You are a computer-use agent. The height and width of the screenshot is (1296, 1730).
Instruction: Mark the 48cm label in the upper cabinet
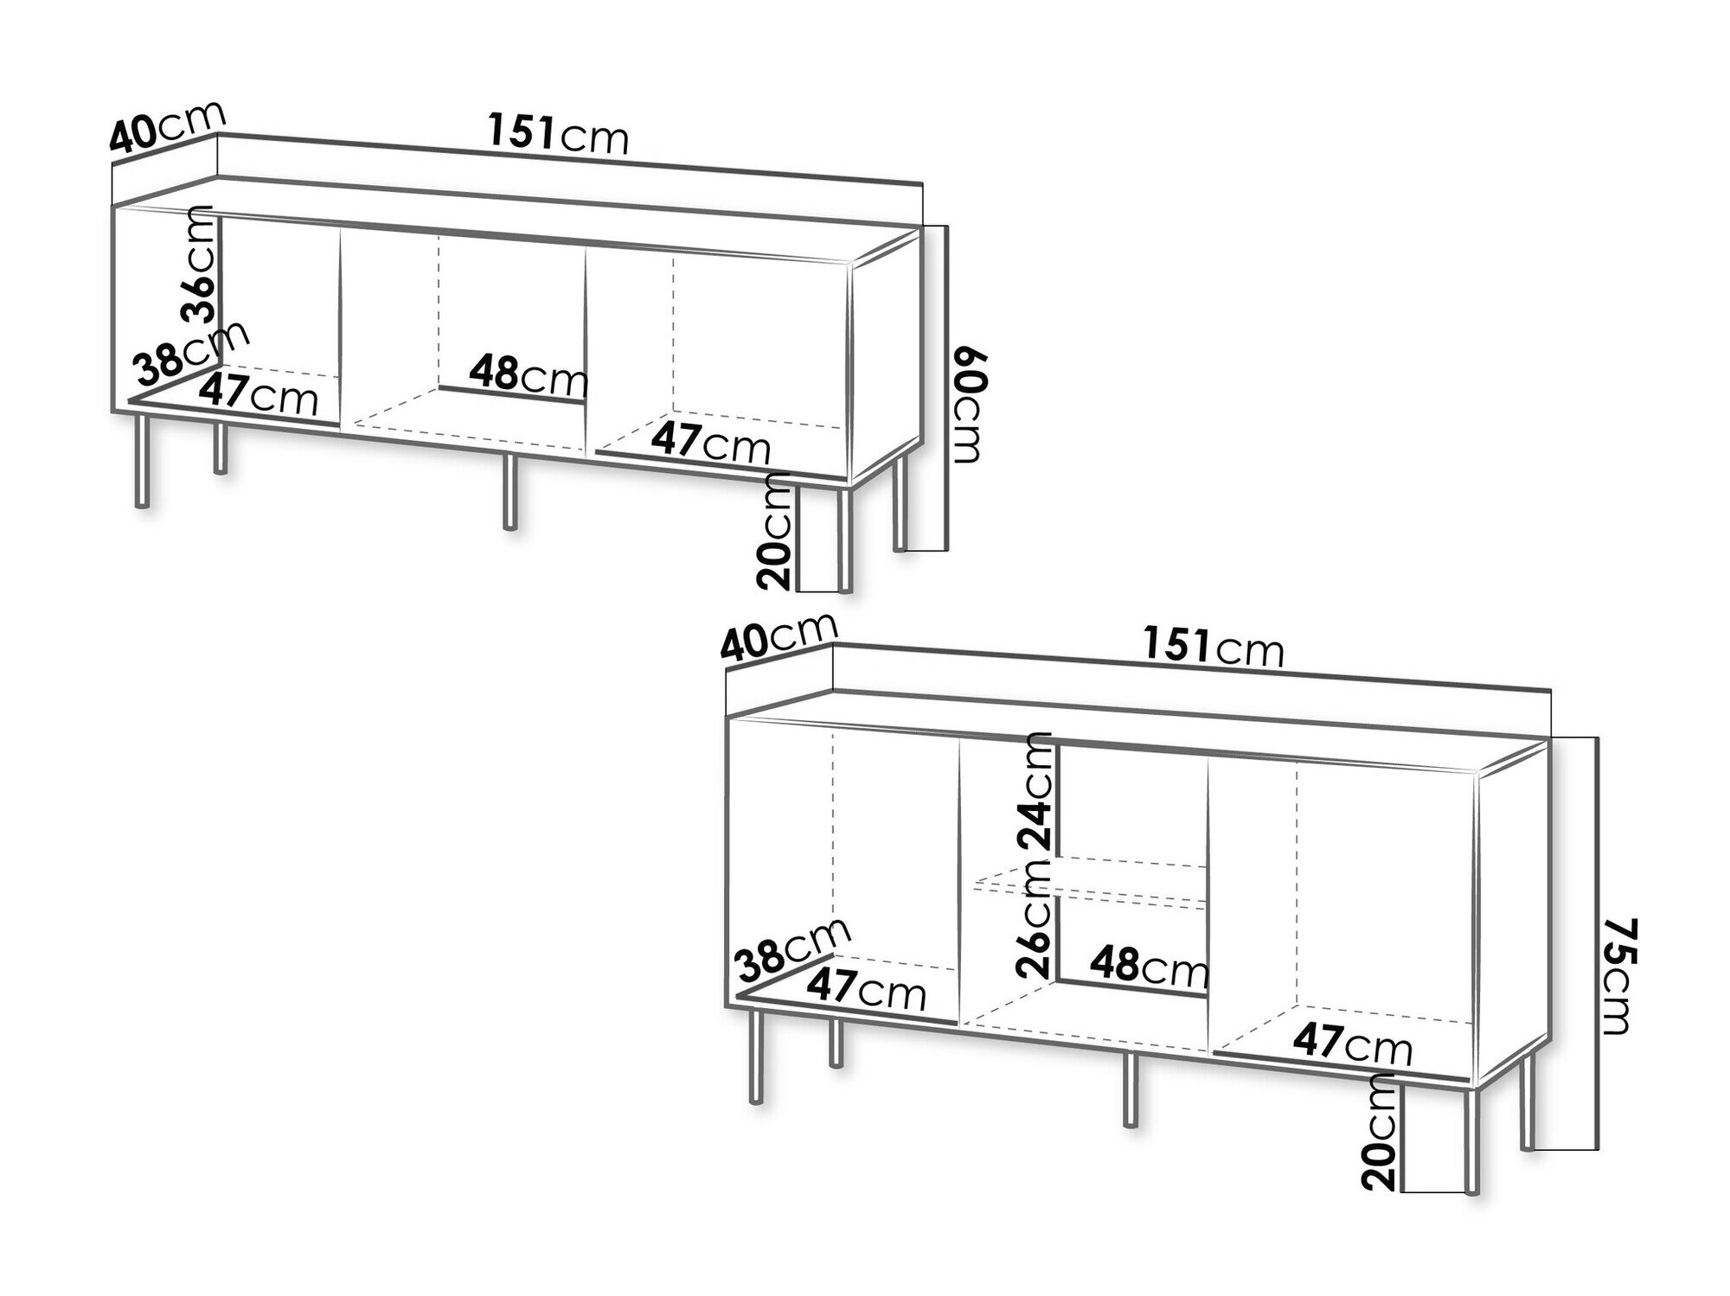tap(529, 375)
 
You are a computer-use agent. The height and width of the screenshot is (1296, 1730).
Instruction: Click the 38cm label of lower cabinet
tap(792, 950)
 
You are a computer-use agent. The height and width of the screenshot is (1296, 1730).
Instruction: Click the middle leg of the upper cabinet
tap(510, 491)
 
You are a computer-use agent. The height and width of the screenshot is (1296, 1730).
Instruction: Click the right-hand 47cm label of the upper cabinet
tap(710, 443)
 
